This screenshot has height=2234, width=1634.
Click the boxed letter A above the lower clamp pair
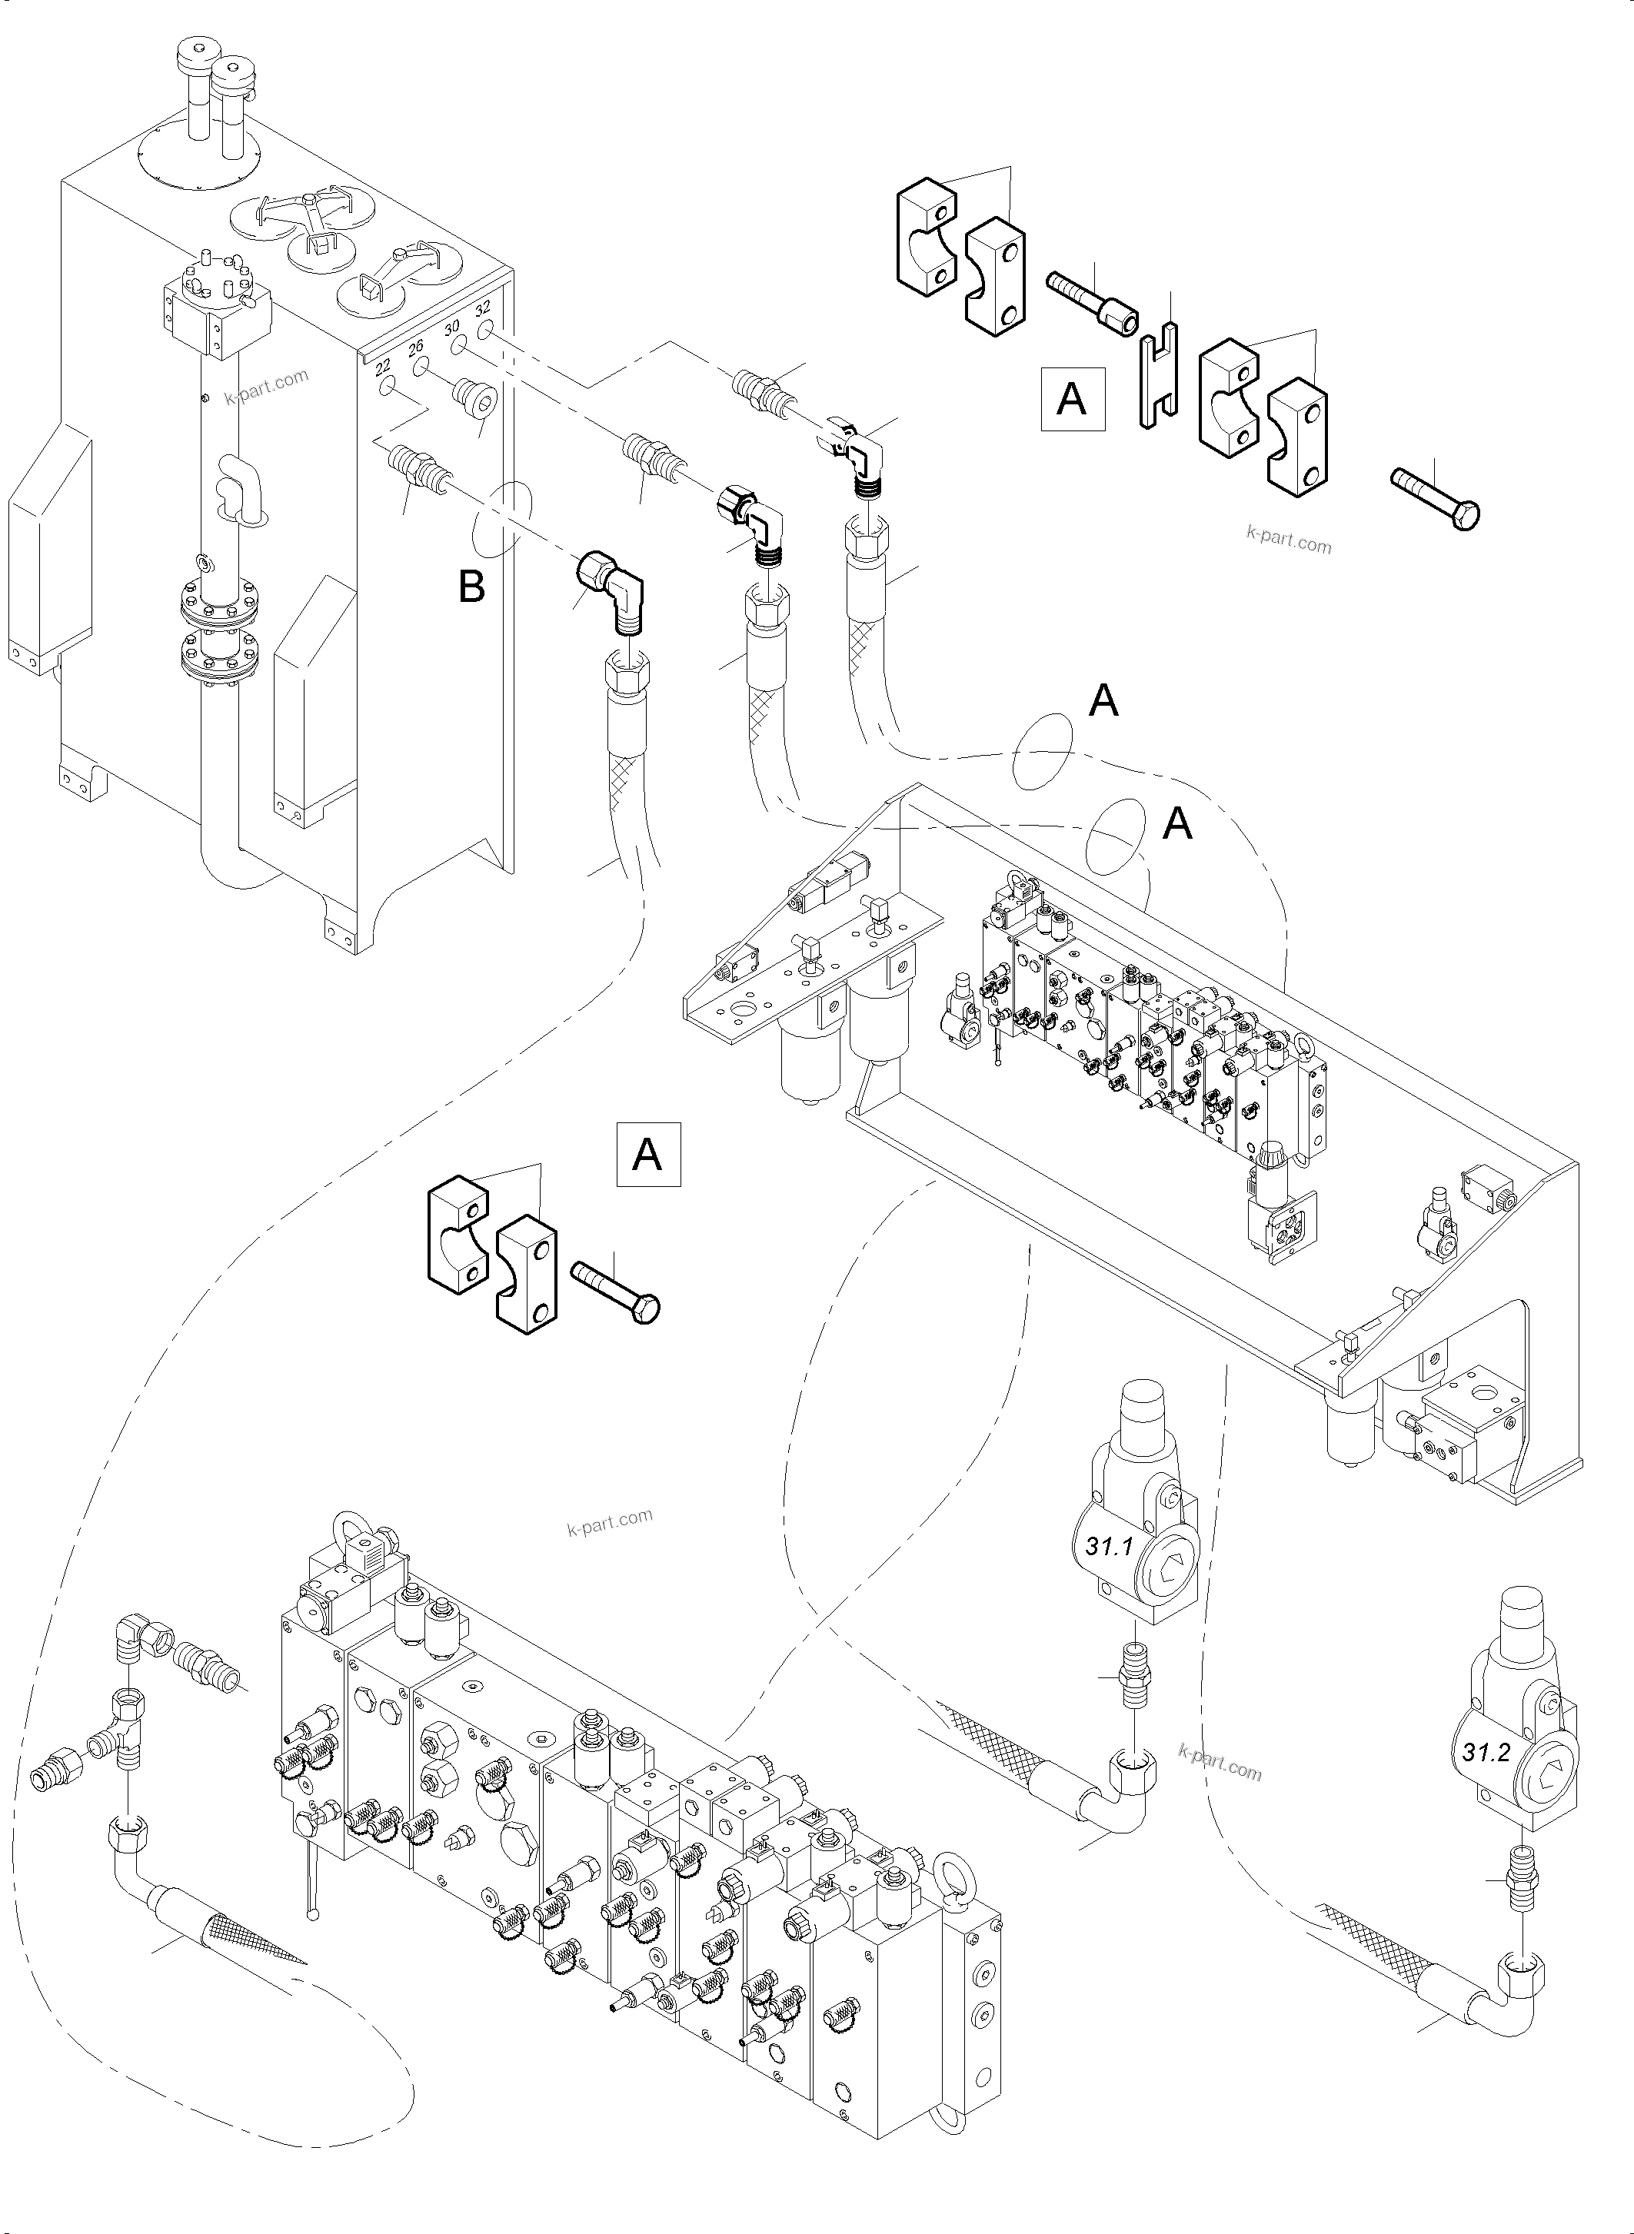point(648,1153)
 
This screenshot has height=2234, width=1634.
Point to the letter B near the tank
point(472,587)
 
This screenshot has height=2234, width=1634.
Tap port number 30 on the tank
point(452,328)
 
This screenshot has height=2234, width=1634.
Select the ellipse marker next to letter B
point(504,520)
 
